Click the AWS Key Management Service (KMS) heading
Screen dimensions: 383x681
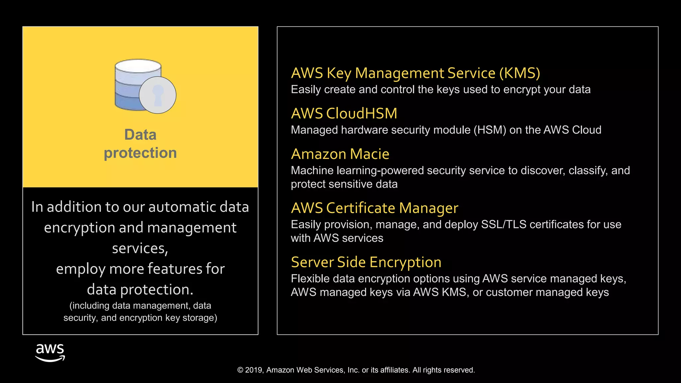coord(415,73)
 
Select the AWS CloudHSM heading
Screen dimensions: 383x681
coord(344,114)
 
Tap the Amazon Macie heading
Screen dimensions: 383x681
coord(340,154)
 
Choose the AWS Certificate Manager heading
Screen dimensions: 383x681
coord(374,208)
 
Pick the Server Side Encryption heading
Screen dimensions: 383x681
coord(366,262)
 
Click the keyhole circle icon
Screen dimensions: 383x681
coord(158,95)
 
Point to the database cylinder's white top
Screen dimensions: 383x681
coord(138,66)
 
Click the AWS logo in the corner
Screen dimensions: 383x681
coord(50,353)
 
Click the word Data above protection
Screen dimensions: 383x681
coord(140,135)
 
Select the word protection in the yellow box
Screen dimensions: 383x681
coord(140,153)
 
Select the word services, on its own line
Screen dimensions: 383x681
coord(140,248)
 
